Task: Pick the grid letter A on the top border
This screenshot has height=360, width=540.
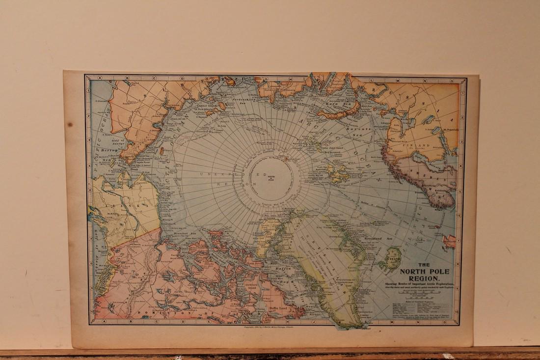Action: (99, 78)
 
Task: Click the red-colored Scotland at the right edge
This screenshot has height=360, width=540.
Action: (449, 241)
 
